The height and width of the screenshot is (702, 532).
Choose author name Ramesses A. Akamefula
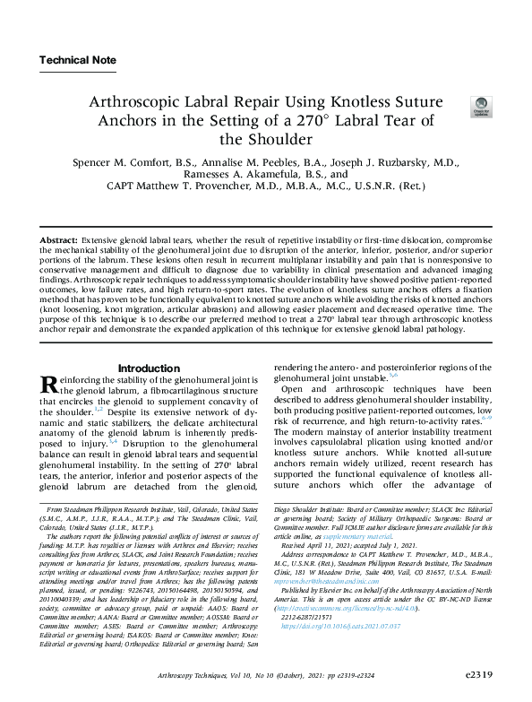tap(240, 176)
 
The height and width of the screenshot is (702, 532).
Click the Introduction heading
tap(149, 368)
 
